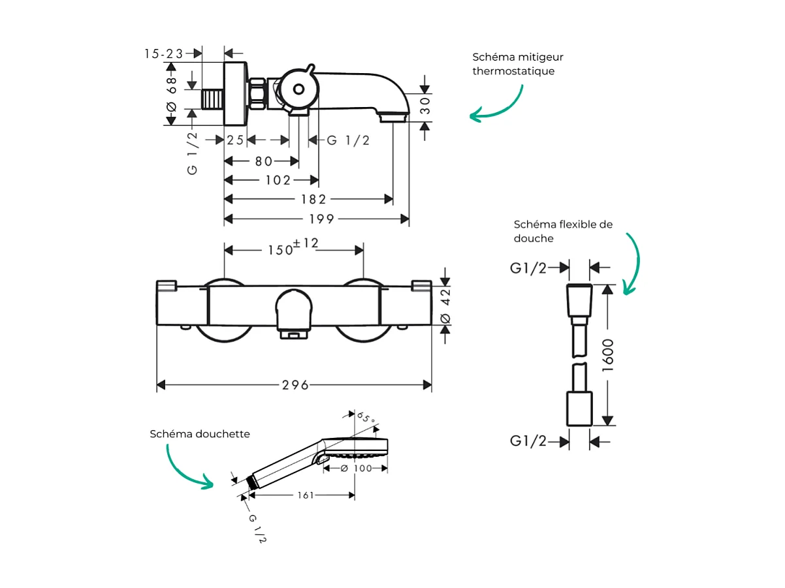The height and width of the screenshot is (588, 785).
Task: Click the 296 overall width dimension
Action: tap(295, 385)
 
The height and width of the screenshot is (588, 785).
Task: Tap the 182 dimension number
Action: tap(313, 199)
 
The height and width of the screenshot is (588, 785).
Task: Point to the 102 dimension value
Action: tap(278, 180)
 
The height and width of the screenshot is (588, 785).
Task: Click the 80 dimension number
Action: tap(264, 161)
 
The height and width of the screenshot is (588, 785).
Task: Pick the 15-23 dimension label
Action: tap(164, 54)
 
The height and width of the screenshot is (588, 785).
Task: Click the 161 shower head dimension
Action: tap(305, 495)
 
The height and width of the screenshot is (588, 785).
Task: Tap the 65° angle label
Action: tap(366, 418)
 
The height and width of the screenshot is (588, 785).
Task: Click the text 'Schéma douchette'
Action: tap(200, 434)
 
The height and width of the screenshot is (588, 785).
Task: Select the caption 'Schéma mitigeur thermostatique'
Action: tap(517, 64)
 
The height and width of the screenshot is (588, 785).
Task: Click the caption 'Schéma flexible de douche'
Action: tap(562, 231)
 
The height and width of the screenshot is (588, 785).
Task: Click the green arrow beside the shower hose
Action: tap(632, 264)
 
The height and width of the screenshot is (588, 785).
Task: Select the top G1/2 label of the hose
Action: tap(528, 268)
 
